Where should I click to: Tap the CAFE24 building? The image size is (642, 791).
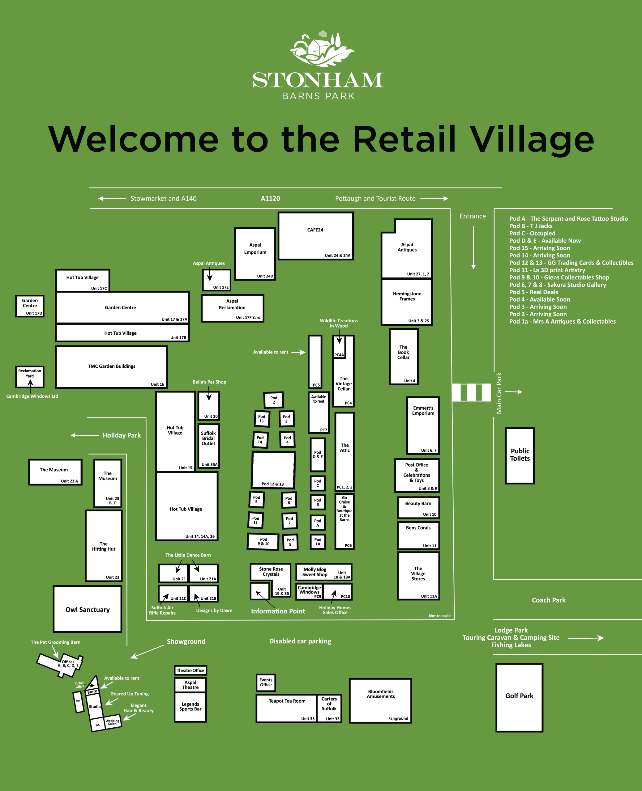click(315, 236)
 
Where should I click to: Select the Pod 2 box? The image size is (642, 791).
click(274, 400)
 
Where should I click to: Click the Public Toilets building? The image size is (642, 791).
click(520, 455)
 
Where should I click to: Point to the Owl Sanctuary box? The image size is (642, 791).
click(88, 609)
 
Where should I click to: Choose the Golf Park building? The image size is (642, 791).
click(519, 697)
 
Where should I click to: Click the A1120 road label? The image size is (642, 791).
click(270, 198)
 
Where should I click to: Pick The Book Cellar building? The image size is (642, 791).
click(404, 357)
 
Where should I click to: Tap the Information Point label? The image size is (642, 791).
click(278, 611)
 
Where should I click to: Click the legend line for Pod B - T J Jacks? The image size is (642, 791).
click(531, 226)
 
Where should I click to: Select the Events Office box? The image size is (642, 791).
click(266, 682)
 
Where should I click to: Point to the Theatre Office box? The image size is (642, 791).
click(190, 670)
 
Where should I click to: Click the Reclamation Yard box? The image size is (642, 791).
click(30, 376)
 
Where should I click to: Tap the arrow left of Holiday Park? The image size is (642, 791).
click(84, 435)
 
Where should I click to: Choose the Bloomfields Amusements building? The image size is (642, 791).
click(381, 700)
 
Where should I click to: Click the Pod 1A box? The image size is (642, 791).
click(318, 542)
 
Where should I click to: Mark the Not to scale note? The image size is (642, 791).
click(439, 615)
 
